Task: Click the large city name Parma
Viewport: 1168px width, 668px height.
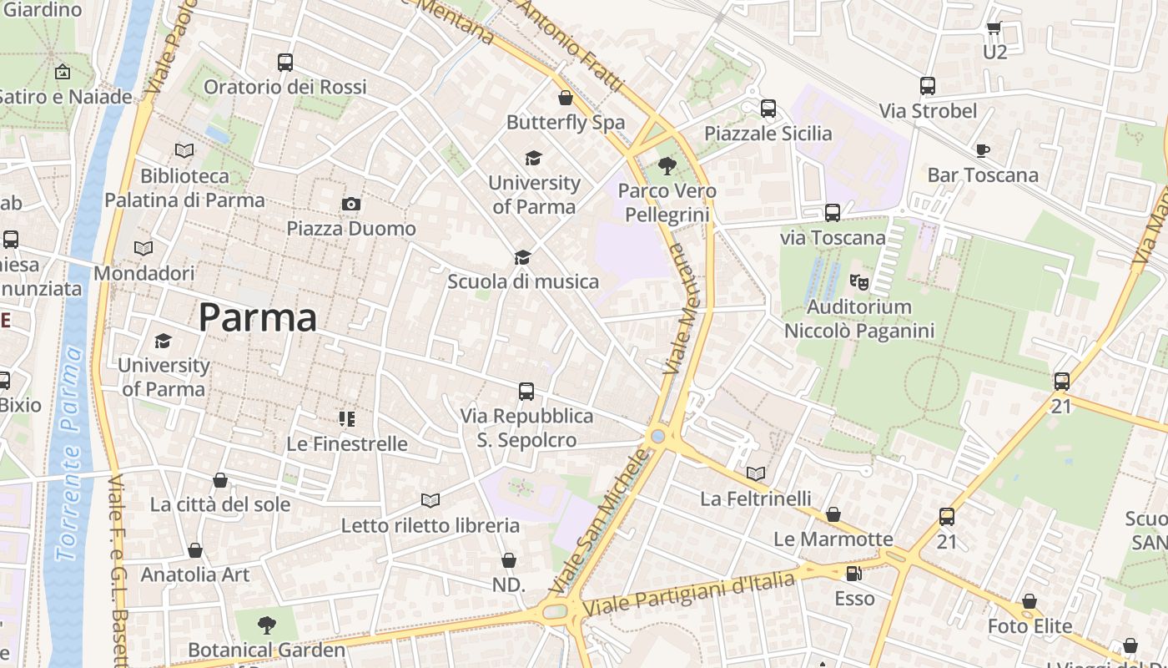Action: tap(258, 318)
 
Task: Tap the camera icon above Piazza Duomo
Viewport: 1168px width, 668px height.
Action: tap(351, 204)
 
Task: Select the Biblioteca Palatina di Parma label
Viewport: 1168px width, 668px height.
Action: tap(184, 188)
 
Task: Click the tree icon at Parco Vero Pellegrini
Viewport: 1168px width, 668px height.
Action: tap(667, 166)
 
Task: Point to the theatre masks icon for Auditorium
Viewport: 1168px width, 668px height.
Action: tap(858, 281)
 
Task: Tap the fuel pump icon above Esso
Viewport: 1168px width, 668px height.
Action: tap(853, 574)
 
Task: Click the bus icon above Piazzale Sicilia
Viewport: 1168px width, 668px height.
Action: tap(768, 109)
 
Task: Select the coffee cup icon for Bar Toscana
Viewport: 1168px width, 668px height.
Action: tap(983, 150)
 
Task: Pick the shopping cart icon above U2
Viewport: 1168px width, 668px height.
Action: tap(994, 28)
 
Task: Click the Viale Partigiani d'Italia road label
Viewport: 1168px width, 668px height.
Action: tap(689, 593)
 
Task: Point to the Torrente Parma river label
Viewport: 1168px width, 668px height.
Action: tap(70, 455)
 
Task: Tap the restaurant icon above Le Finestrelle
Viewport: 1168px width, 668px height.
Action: tap(347, 418)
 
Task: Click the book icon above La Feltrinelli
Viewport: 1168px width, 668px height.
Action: tap(756, 473)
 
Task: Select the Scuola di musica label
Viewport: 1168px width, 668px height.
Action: tap(523, 281)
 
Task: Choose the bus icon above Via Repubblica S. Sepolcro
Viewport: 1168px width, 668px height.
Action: tap(526, 391)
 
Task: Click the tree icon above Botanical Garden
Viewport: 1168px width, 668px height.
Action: tap(266, 624)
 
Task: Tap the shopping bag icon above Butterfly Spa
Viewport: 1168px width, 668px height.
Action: tap(566, 98)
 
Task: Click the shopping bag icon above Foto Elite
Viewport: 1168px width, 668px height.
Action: tap(1030, 601)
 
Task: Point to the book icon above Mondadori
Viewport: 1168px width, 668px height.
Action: tap(143, 248)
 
